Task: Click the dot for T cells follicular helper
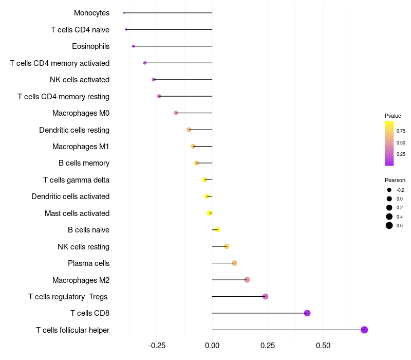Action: click(x=364, y=330)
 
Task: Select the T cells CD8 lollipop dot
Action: click(x=307, y=313)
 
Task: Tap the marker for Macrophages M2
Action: click(x=247, y=280)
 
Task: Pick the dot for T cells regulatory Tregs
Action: click(x=265, y=296)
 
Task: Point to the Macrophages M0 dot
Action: click(x=176, y=113)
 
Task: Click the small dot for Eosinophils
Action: click(x=133, y=46)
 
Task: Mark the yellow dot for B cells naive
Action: click(x=217, y=229)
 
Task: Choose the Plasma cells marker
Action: click(x=234, y=263)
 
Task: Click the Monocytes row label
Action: click(x=91, y=13)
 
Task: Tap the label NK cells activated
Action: click(x=80, y=80)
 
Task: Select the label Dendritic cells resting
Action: click(x=74, y=130)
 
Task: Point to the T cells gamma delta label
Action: click(x=76, y=180)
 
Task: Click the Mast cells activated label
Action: click(x=77, y=213)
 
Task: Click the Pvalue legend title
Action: click(x=393, y=116)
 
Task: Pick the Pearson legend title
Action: click(x=395, y=180)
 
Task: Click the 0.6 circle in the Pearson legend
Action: click(x=389, y=225)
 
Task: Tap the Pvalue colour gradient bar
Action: click(x=389, y=143)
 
